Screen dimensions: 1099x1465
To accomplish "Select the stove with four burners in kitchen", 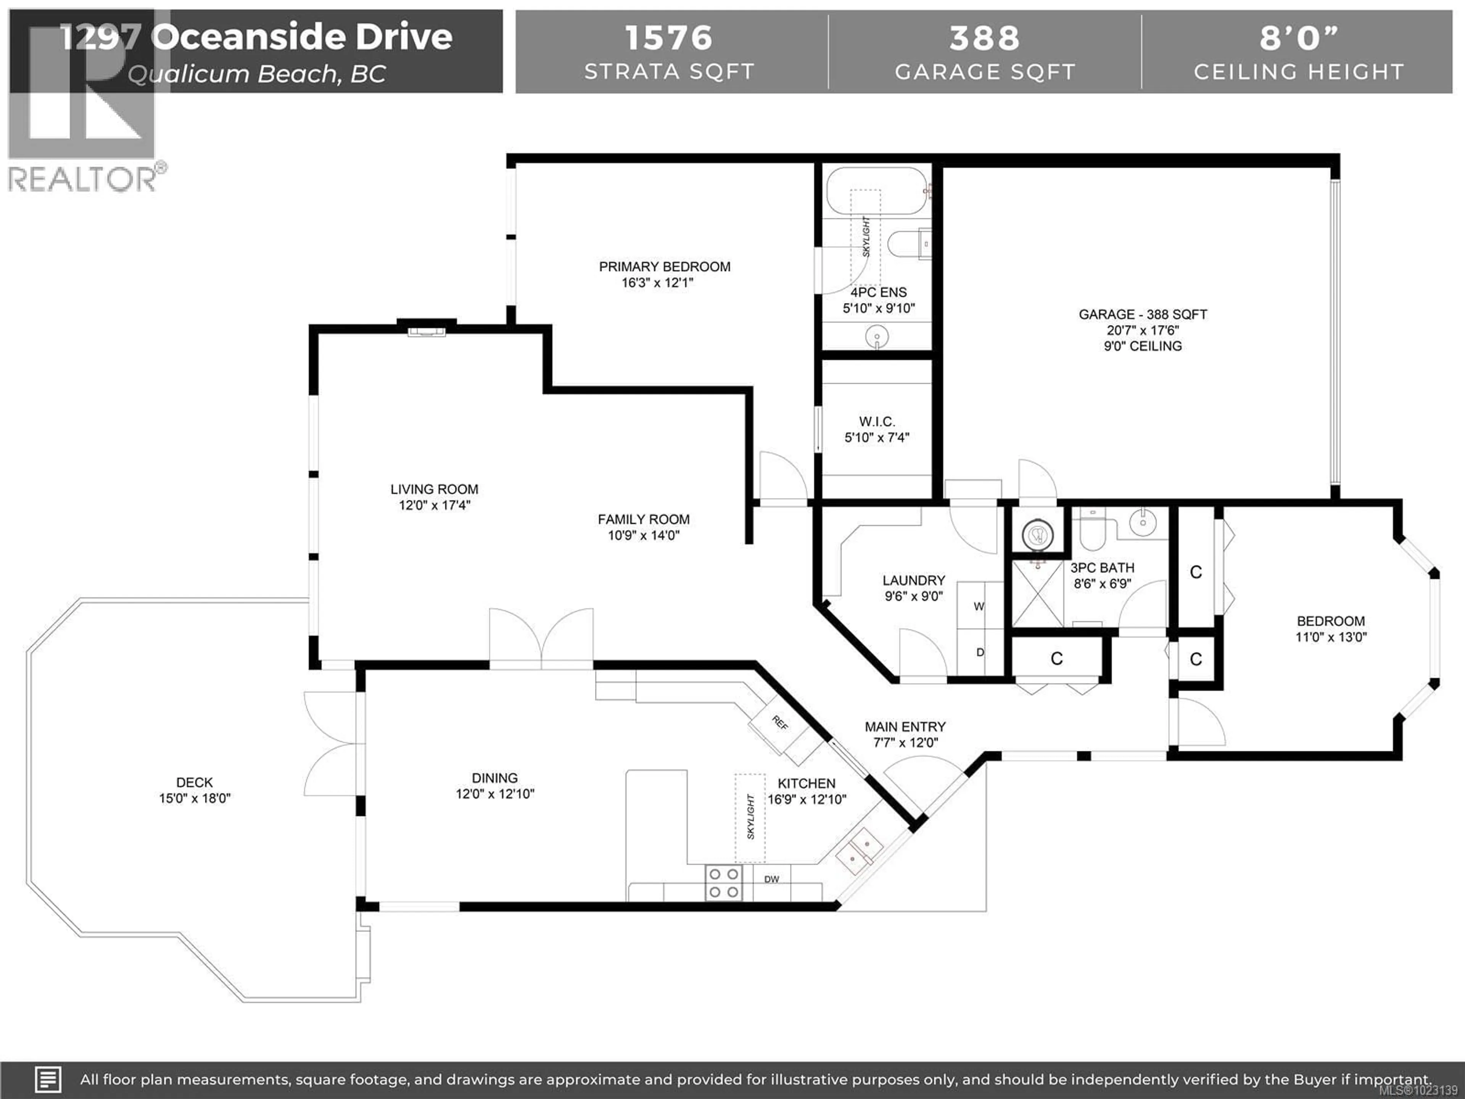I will click(x=723, y=883).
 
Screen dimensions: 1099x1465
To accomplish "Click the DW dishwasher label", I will click(x=771, y=879).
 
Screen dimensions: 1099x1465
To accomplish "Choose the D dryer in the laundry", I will click(x=980, y=653).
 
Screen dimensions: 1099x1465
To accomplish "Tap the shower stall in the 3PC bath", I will click(x=1037, y=593).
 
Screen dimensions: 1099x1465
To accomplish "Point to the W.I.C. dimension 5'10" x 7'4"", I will click(x=877, y=437).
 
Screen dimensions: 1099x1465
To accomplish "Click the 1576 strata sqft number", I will click(x=669, y=38).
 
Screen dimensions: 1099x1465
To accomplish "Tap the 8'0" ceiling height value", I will click(x=1299, y=38).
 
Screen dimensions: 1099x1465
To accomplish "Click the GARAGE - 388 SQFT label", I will click(x=1143, y=315).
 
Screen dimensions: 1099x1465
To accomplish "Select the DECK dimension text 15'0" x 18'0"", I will click(x=195, y=798).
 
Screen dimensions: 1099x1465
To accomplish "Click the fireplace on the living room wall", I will click(x=427, y=329).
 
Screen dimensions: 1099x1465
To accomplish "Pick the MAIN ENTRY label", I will click(x=905, y=727).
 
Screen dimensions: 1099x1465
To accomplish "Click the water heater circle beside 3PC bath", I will click(x=1037, y=534).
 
